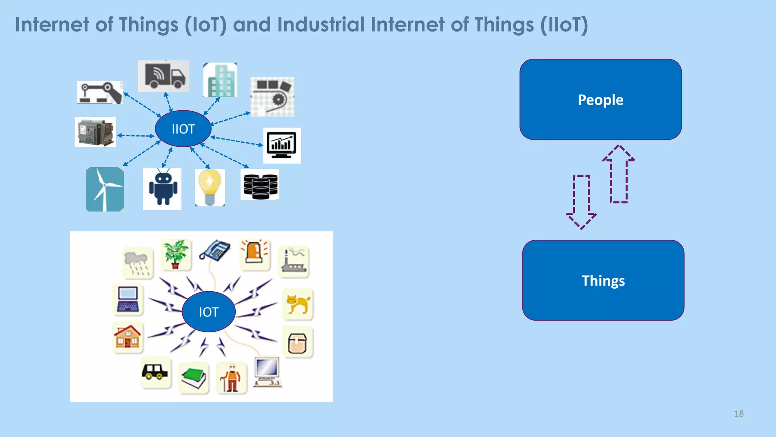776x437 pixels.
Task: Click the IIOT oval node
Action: (x=183, y=129)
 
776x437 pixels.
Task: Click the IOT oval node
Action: (x=208, y=312)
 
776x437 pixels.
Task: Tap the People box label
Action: (x=600, y=100)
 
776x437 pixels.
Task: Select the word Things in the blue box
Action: (x=603, y=281)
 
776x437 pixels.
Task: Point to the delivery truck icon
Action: (x=164, y=76)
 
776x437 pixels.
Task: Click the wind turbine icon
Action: (x=105, y=189)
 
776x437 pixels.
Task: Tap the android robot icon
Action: (x=162, y=189)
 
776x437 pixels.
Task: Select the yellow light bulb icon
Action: (x=210, y=187)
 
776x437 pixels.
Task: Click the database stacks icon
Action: (x=260, y=185)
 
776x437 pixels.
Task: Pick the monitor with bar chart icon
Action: (x=282, y=145)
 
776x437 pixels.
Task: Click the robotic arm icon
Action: (x=100, y=92)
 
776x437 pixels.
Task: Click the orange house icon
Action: (x=128, y=337)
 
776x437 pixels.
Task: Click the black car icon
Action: (x=155, y=372)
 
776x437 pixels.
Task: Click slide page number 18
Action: (x=738, y=413)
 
